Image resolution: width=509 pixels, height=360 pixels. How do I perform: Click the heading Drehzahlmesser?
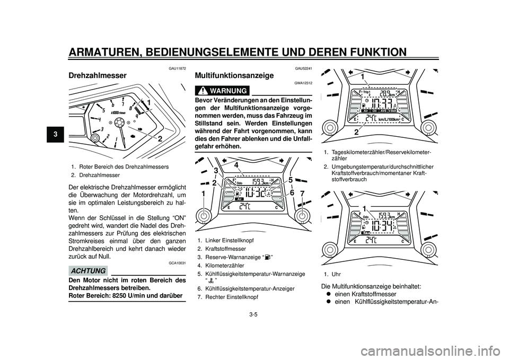point(98,75)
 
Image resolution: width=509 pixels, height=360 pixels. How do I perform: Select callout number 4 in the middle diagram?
point(235,165)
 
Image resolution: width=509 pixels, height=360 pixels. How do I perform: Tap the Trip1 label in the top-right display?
point(367,92)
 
